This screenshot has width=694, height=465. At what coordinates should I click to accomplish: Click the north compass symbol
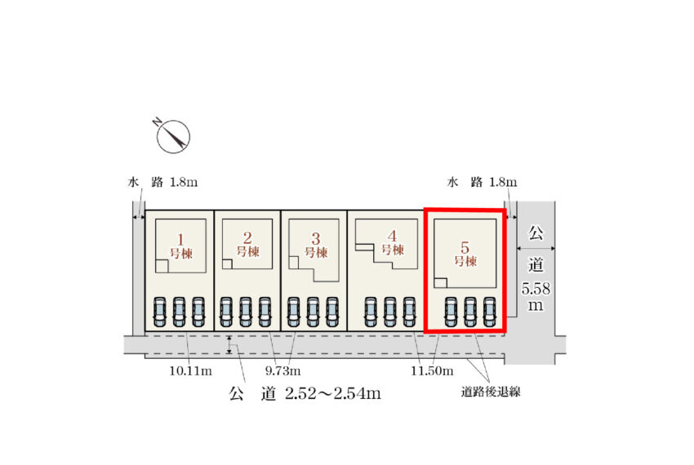tap(172, 135)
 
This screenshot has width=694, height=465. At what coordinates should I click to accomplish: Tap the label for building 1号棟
tap(181, 246)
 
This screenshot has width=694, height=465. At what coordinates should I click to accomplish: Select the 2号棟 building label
tap(248, 245)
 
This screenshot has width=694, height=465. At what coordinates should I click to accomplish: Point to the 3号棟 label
tap(316, 246)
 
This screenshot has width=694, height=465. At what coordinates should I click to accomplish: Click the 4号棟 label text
tap(393, 243)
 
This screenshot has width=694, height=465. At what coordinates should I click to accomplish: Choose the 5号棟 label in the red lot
tap(465, 255)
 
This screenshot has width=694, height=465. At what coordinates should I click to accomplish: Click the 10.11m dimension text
tap(191, 370)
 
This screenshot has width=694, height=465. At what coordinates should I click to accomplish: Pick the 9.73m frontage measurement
tap(282, 370)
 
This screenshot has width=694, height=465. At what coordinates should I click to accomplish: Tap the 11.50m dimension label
tap(432, 370)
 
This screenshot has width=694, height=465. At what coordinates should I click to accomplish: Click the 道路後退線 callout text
tap(491, 392)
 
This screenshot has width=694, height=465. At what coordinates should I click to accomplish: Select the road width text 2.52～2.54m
tap(333, 393)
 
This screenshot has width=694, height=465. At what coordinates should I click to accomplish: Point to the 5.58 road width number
tap(536, 289)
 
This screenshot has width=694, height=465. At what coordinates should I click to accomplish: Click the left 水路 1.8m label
tap(162, 182)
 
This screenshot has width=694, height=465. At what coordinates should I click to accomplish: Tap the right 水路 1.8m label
tap(482, 182)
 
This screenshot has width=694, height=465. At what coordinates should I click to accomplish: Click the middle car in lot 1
tap(179, 312)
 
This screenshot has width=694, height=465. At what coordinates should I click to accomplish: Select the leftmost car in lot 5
tap(451, 312)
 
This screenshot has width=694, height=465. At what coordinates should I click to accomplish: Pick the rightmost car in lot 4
tap(409, 312)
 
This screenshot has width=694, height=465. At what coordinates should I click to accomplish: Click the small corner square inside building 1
tap(162, 266)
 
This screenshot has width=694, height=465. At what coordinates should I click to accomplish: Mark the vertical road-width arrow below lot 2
tap(229, 345)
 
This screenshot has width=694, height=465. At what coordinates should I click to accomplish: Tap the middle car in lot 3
tap(313, 312)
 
